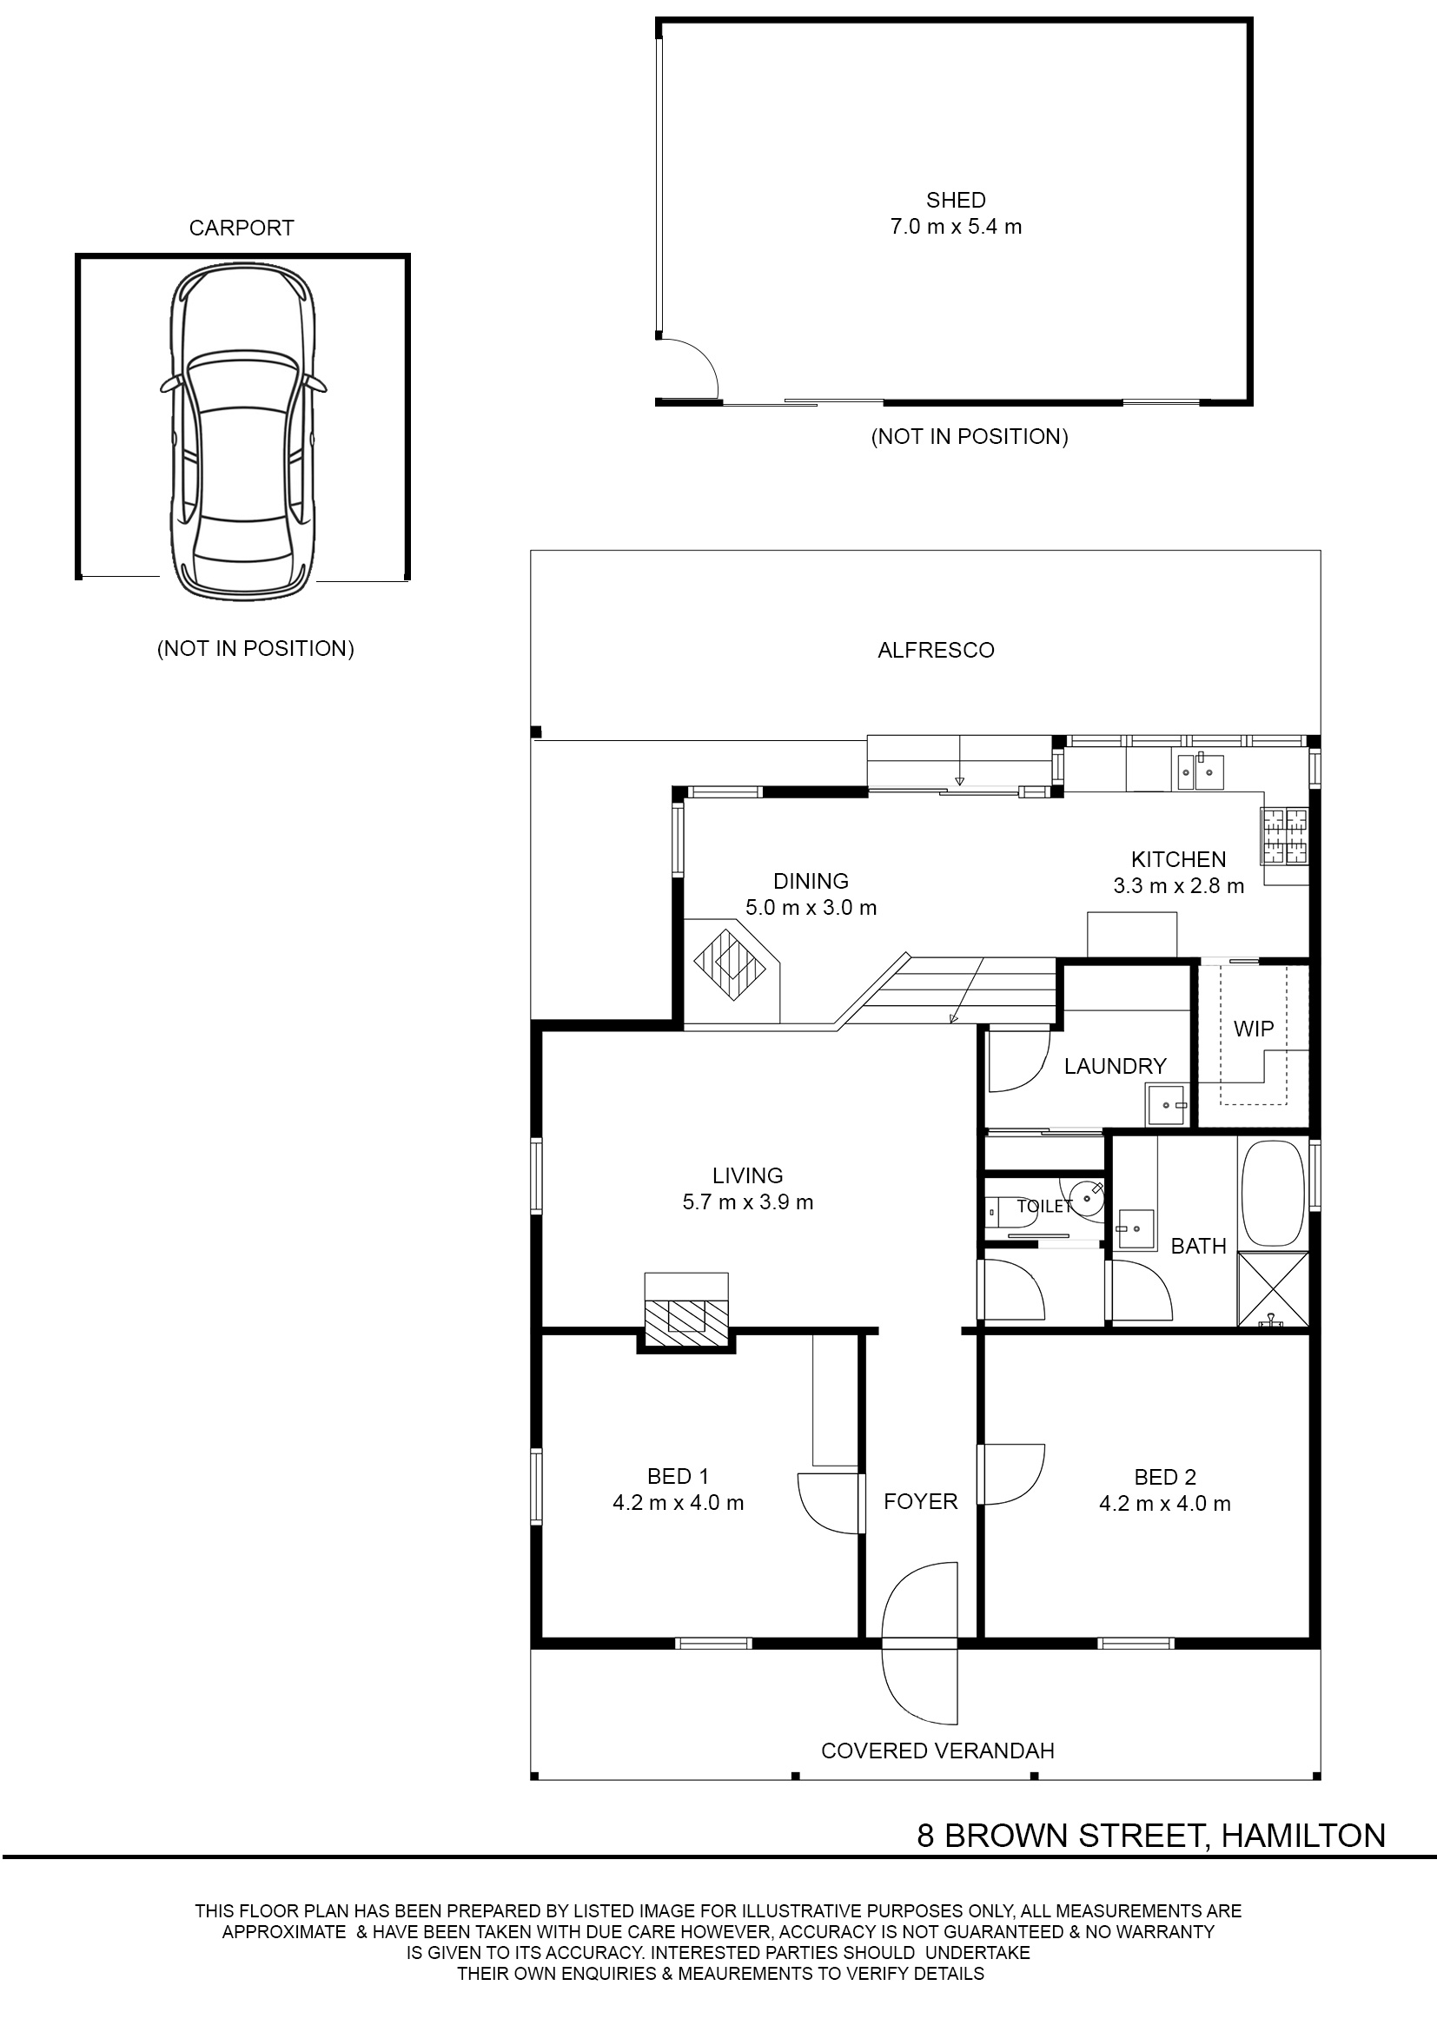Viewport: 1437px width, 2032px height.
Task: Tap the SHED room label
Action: [x=956, y=200]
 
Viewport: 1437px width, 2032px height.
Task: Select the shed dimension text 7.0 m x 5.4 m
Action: [x=956, y=227]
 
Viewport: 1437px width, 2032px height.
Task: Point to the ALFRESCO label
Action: [x=936, y=651]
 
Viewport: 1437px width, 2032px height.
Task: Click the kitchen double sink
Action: [x=1198, y=771]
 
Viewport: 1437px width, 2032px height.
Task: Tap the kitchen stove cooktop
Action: [x=1285, y=837]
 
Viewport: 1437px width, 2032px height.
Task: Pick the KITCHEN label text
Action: [x=1179, y=859]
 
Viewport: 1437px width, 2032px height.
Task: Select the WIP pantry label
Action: [x=1253, y=1029]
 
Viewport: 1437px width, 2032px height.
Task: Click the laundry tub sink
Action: [x=1168, y=1104]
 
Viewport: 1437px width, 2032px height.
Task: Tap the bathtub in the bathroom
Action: [x=1274, y=1194]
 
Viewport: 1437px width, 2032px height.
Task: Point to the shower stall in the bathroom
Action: [x=1273, y=1288]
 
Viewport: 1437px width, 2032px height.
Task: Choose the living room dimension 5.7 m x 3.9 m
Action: [x=748, y=1201]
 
